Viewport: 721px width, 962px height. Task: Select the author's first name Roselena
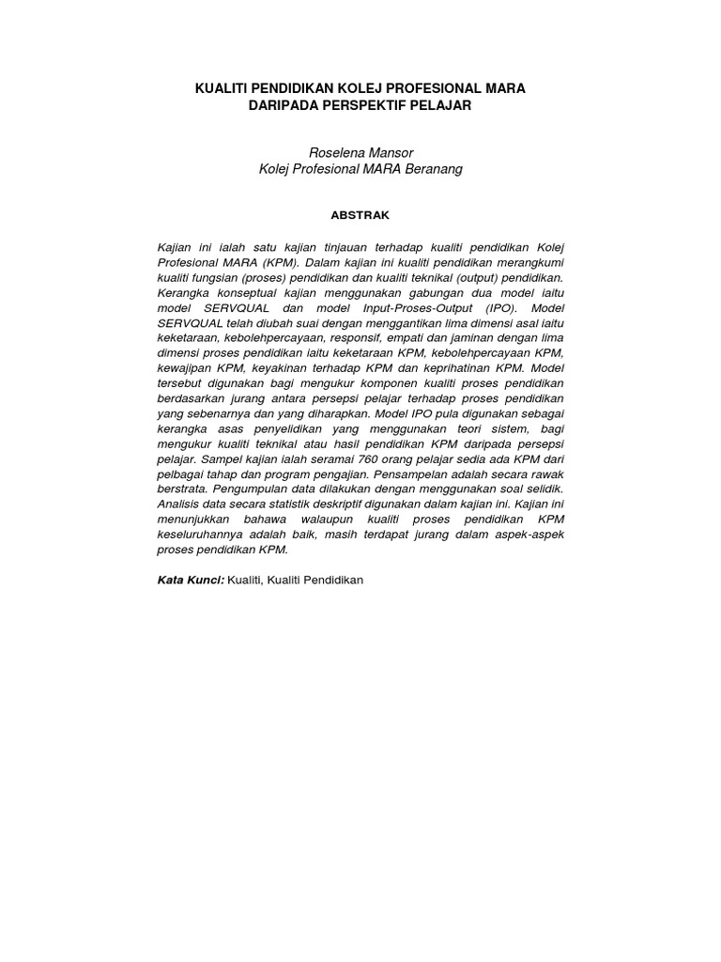pyautogui.click(x=336, y=152)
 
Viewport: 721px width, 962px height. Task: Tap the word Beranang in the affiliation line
pyautogui.click(x=435, y=169)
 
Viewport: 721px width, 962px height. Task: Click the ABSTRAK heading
pyautogui.click(x=360, y=215)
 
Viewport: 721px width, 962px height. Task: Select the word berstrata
pyautogui.click(x=182, y=489)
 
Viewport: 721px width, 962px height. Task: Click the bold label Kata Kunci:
pyautogui.click(x=192, y=581)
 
